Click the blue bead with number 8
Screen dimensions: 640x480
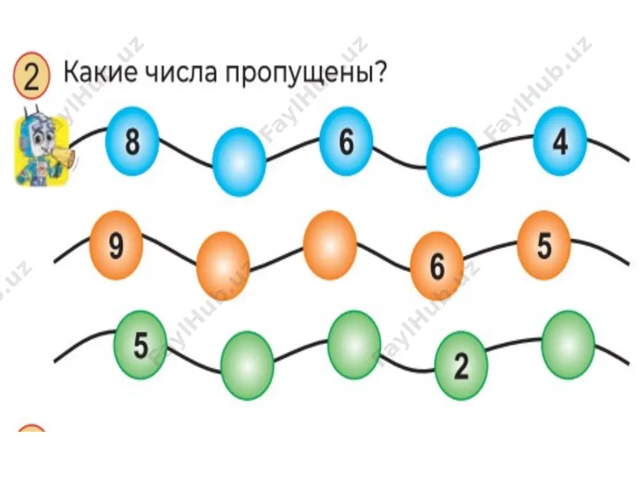coord(132,141)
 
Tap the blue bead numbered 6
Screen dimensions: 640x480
coord(346,141)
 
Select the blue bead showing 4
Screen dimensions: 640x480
coord(559,141)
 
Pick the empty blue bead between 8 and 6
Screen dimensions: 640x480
coord(239,162)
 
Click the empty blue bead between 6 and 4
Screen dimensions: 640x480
coord(452,162)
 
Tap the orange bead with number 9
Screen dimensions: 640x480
coord(116,245)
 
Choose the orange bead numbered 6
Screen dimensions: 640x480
coord(436,266)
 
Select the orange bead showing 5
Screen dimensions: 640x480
coord(543,245)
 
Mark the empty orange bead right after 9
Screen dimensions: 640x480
coord(223,266)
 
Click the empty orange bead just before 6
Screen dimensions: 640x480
coord(330,245)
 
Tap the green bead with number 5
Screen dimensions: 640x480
coord(140,345)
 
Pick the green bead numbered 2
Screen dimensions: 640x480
coord(461,365)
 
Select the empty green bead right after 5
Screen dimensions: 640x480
coord(247,365)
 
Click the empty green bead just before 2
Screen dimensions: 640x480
coord(354,345)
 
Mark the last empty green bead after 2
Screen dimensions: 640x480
coord(568,345)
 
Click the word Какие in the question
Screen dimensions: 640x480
coord(100,73)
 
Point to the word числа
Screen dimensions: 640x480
coord(181,73)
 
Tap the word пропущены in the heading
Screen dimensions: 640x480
coord(300,74)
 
